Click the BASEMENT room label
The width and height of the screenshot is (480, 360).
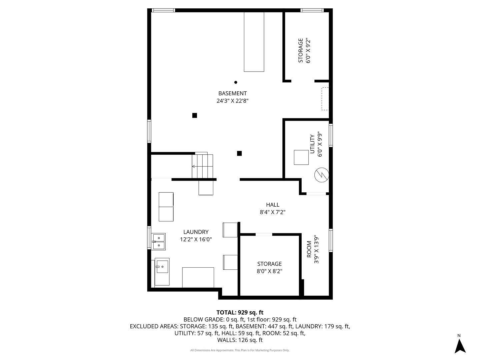[232, 93]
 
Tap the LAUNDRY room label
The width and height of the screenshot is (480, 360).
[196, 232]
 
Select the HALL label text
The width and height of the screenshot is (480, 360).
[272, 205]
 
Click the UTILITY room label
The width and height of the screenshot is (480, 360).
[312, 144]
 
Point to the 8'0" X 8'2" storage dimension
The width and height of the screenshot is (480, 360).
[269, 271]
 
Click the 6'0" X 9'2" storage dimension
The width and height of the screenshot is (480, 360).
[308, 51]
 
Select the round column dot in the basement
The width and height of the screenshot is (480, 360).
[236, 82]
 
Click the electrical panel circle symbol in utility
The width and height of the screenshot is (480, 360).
[322, 175]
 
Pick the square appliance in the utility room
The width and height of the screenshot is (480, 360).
[301, 157]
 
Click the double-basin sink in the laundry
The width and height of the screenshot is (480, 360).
[159, 242]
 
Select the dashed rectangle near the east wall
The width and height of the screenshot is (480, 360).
[325, 99]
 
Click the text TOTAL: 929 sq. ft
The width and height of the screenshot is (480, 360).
[240, 312]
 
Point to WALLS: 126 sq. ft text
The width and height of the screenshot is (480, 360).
[240, 340]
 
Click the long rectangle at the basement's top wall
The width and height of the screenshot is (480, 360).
[254, 42]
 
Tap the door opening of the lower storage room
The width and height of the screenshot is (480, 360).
[264, 235]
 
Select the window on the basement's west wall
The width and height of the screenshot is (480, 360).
[149, 131]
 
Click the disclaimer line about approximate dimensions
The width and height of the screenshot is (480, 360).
[240, 350]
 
